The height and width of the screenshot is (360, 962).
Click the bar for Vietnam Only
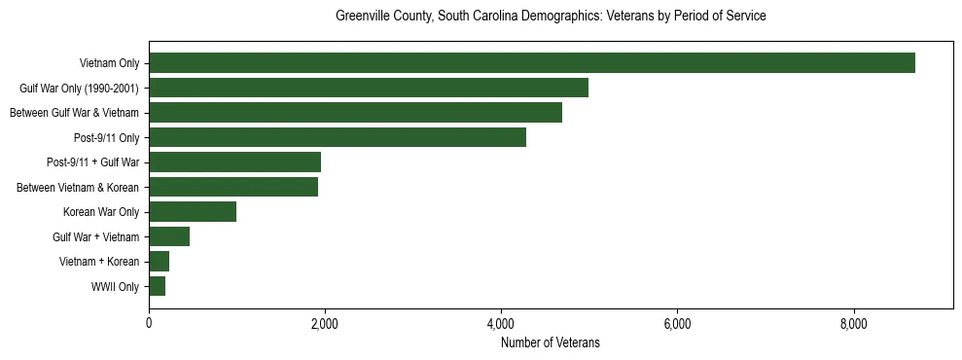pyautogui.click(x=532, y=63)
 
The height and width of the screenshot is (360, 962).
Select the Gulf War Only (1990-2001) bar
pyautogui.click(x=369, y=88)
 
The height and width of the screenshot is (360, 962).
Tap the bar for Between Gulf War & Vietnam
pyautogui.click(x=355, y=113)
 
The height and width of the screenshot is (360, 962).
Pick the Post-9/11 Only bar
pyautogui.click(x=338, y=137)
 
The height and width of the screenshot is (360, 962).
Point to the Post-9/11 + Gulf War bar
pyautogui.click(x=234, y=162)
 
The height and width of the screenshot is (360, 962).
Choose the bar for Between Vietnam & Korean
pyautogui.click(x=233, y=187)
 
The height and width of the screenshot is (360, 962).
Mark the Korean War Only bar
pyautogui.click(x=193, y=212)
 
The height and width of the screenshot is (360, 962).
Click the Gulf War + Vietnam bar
pyautogui.click(x=169, y=236)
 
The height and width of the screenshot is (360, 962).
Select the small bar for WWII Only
pyautogui.click(x=158, y=286)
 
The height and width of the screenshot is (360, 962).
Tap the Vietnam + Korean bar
pyautogui.click(x=160, y=262)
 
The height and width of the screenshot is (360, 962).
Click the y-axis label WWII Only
pyautogui.click(x=115, y=287)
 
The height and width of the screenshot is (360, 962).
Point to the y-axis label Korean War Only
pyautogui.click(x=101, y=212)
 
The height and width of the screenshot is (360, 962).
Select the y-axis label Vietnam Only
pyautogui.click(x=109, y=64)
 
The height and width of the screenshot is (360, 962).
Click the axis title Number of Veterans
pyautogui.click(x=551, y=343)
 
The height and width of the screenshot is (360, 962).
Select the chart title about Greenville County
pyautogui.click(x=551, y=17)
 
